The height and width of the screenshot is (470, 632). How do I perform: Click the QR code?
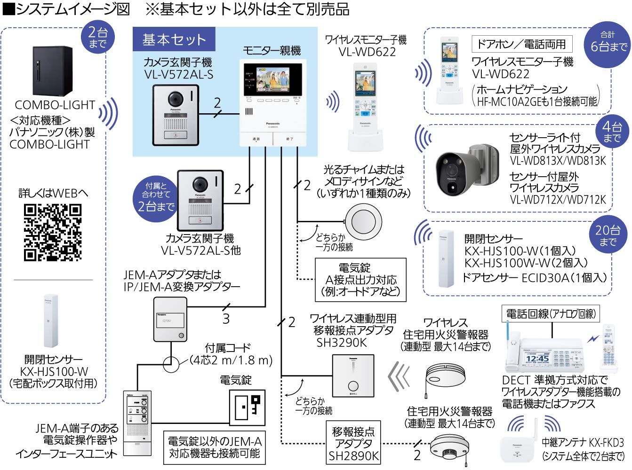point(52,233)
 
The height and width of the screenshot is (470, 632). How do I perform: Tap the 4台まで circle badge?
point(612,133)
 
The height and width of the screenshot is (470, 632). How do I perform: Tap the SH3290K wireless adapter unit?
point(352,375)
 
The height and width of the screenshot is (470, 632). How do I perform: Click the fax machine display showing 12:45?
point(537,358)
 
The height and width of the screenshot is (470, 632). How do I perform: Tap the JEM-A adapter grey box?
point(170,320)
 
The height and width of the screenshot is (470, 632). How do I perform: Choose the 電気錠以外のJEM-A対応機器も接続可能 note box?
point(214,447)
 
